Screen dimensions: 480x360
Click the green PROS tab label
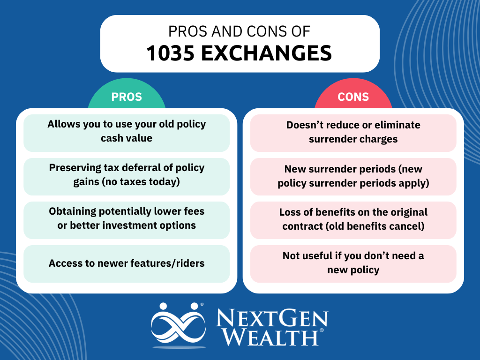tap(127, 97)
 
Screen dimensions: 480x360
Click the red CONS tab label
tap(353, 97)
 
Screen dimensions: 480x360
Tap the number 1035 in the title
tap(171, 52)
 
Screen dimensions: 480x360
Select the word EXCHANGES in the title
tap(266, 52)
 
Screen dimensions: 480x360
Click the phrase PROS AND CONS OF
tap(240, 31)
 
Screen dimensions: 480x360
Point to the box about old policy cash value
tap(127, 133)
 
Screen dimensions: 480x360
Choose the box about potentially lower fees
tap(127, 220)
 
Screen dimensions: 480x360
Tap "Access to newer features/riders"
tap(127, 263)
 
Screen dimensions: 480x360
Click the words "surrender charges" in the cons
tap(353, 139)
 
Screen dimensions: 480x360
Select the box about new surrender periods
tap(353, 177)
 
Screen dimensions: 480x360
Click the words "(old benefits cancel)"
tap(375, 226)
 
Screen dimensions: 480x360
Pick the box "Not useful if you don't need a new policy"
tap(353, 263)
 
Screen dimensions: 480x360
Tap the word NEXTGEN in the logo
tap(272, 318)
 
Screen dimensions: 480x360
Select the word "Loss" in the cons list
tap(290, 212)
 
